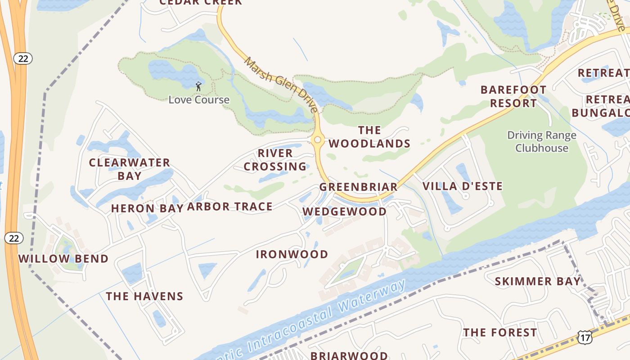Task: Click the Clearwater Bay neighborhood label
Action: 129,169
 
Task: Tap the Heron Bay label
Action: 147,208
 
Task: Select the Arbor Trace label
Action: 229,207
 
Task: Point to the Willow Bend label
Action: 63,259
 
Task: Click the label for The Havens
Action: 144,296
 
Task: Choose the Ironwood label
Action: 292,254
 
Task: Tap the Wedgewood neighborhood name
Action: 344,211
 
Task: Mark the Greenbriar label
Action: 358,187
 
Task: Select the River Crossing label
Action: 275,160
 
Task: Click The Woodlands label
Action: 369,137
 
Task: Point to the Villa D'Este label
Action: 463,186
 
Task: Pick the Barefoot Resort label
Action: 513,96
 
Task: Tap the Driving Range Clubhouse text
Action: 542,142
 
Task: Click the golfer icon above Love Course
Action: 198,86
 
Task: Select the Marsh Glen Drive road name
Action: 281,85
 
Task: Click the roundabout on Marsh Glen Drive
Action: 318,140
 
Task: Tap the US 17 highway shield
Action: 585,337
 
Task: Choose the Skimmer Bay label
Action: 538,282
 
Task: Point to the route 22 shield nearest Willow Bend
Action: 14,238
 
